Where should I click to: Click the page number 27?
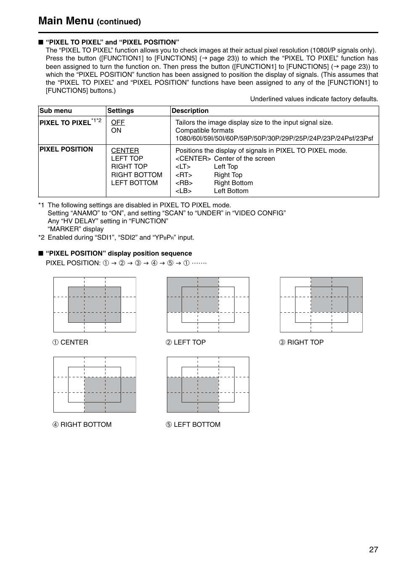click(373, 550)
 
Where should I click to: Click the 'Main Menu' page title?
click(66, 21)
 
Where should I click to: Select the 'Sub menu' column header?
click(55, 111)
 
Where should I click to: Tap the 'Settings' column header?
click(121, 111)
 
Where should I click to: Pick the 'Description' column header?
click(190, 111)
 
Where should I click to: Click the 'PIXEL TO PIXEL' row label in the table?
click(65, 123)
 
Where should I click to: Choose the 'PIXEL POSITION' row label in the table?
click(66, 149)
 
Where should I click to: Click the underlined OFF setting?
click(118, 123)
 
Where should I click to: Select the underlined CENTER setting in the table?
click(125, 151)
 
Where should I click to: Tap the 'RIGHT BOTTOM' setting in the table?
click(137, 175)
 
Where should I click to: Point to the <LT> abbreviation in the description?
click(183, 167)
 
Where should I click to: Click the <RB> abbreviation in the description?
click(184, 183)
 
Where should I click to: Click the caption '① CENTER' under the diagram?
click(70, 342)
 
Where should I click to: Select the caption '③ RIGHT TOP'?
click(301, 342)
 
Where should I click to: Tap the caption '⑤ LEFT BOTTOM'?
click(193, 425)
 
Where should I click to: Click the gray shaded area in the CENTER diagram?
click(95, 305)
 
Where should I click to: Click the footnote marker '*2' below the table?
click(41, 238)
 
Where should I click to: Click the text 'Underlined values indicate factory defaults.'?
click(314, 99)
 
